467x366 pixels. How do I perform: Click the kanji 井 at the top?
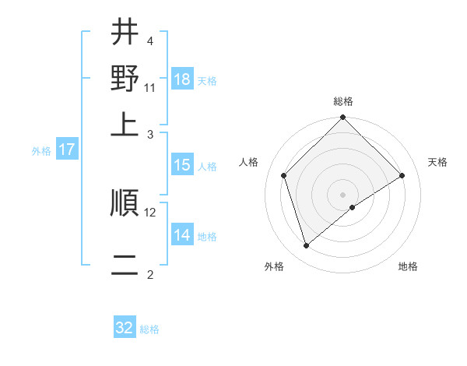click(125, 33)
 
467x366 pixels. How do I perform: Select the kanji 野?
click(125, 78)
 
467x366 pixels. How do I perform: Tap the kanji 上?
click(125, 122)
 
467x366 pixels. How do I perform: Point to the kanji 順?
click(125, 202)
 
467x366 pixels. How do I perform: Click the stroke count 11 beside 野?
click(150, 87)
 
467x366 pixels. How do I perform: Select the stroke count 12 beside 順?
click(150, 212)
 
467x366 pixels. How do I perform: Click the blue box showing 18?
click(181, 79)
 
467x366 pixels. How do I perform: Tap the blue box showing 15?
click(181, 165)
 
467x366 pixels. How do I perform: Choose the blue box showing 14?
click(181, 235)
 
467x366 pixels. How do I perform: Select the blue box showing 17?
click(67, 150)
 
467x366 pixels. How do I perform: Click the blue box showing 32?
click(125, 328)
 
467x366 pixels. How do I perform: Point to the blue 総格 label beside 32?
click(149, 329)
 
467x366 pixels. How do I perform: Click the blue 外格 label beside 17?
click(41, 151)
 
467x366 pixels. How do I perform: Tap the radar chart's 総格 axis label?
click(343, 101)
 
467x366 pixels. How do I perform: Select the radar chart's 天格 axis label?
click(437, 162)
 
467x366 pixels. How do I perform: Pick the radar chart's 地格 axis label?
click(408, 267)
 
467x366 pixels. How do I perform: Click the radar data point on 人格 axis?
click(284, 175)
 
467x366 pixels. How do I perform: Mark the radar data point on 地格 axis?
click(353, 207)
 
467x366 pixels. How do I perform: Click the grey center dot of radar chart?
click(343, 194)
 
